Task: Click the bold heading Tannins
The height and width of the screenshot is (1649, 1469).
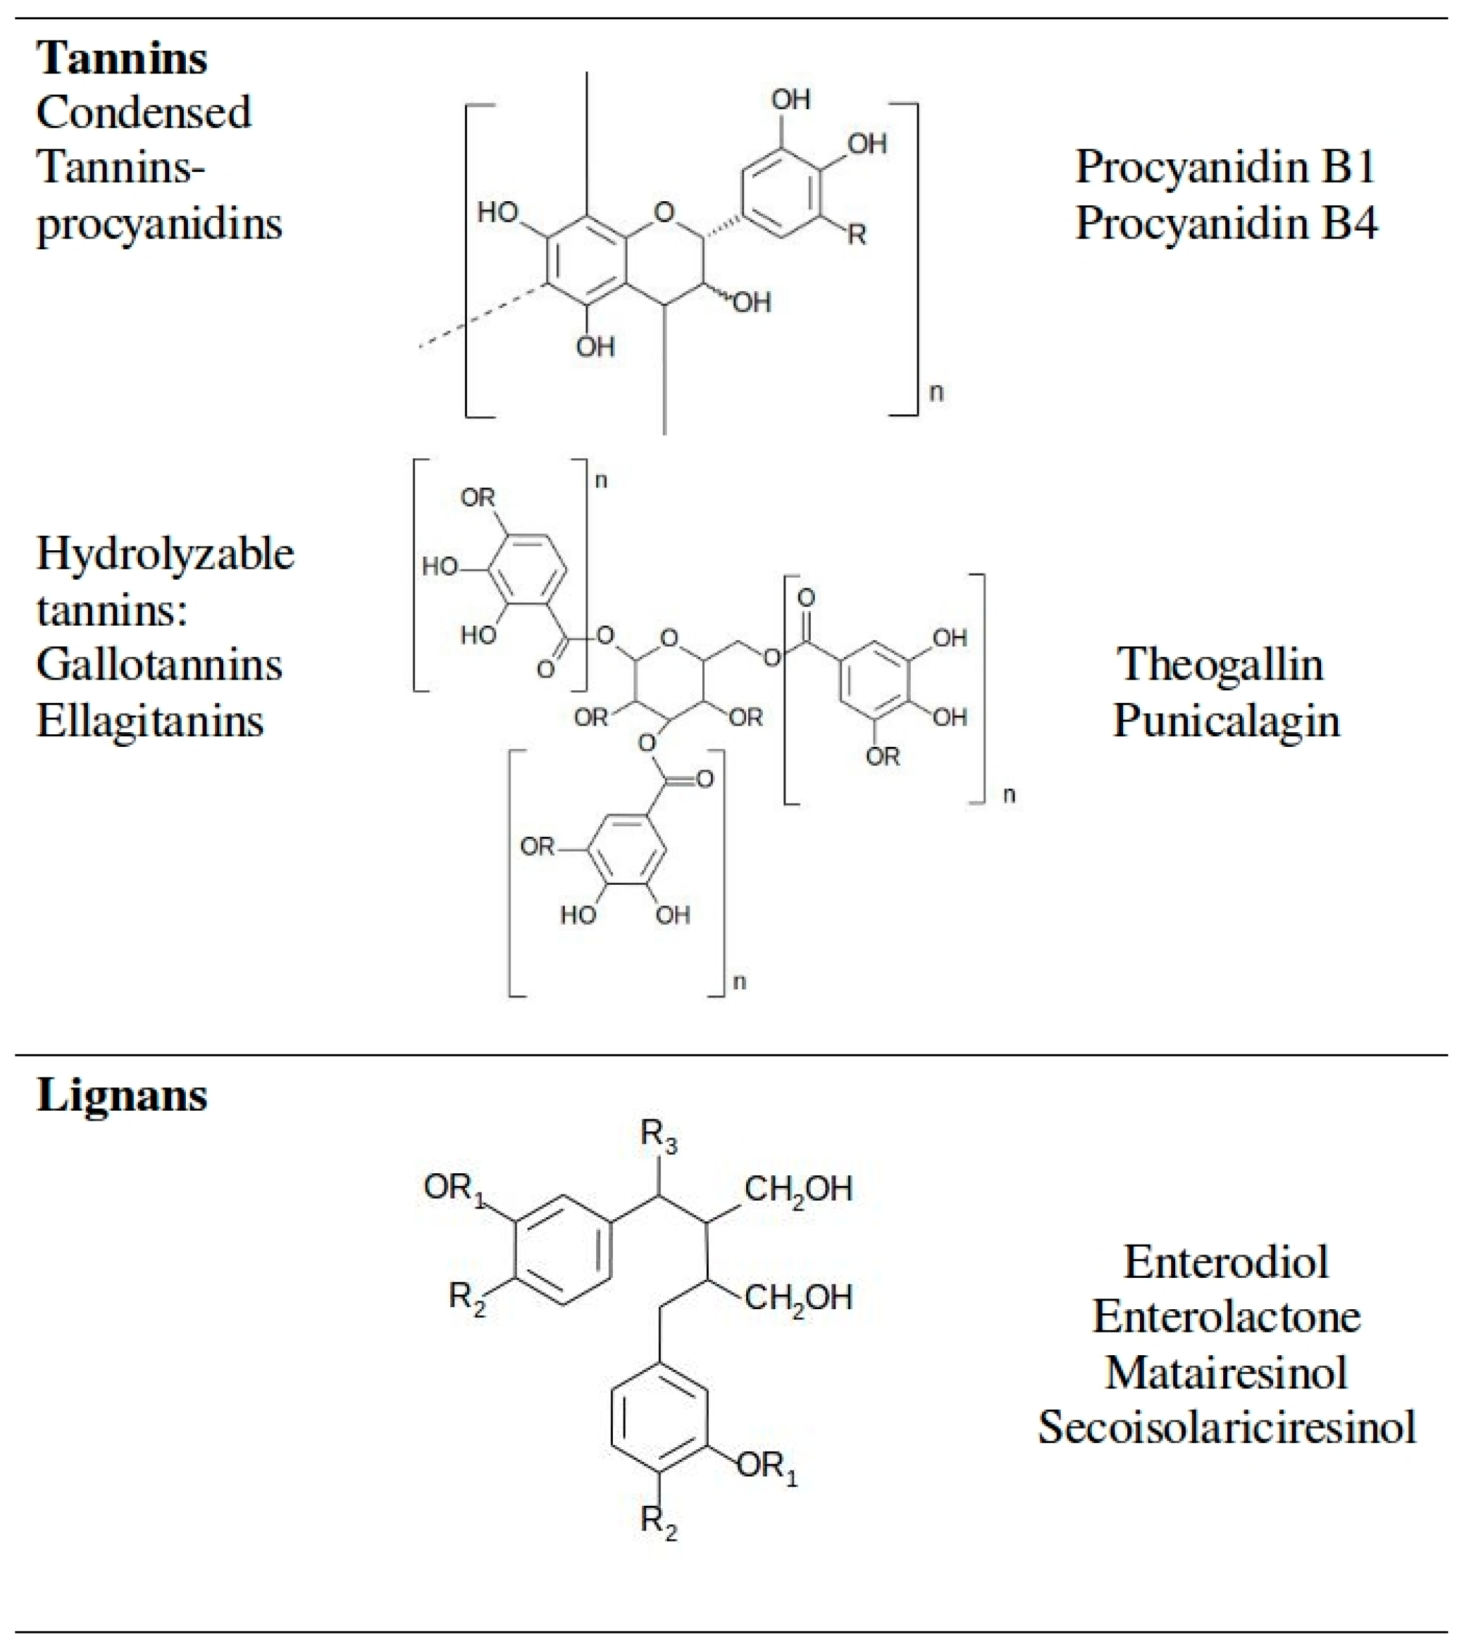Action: tap(122, 59)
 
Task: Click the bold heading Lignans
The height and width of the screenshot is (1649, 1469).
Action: tap(122, 1096)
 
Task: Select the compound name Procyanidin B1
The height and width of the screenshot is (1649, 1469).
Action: tap(1225, 167)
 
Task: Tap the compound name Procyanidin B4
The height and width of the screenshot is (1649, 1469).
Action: tap(1225, 223)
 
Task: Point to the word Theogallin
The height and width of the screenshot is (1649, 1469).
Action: tap(1220, 665)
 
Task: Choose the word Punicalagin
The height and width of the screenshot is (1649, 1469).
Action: tap(1226, 721)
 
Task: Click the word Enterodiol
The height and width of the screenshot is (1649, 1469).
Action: tap(1226, 1262)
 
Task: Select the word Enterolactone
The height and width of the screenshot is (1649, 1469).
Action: tap(1226, 1317)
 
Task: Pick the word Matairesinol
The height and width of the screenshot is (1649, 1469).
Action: tap(1226, 1372)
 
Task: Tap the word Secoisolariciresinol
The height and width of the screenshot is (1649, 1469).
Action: tap(1226, 1427)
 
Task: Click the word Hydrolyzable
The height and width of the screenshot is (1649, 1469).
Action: tap(165, 554)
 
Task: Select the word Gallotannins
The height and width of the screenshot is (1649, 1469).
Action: tap(159, 665)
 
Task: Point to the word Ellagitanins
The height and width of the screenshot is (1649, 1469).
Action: tap(150, 721)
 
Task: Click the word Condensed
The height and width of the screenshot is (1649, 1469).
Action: tap(144, 112)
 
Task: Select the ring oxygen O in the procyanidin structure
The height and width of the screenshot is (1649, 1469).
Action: tap(664, 213)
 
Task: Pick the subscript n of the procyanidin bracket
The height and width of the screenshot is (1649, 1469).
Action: tap(936, 392)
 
